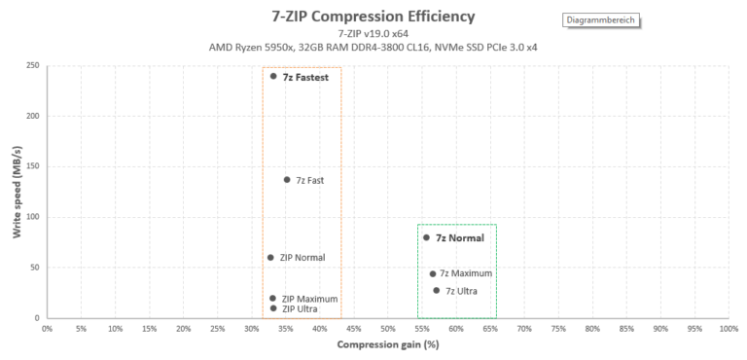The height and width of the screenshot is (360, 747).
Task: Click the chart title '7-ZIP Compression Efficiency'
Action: click(373, 16)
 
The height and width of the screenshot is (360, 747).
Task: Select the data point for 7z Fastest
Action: click(273, 76)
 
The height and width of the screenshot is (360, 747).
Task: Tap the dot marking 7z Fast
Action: click(287, 180)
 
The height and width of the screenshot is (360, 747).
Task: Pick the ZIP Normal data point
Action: click(270, 258)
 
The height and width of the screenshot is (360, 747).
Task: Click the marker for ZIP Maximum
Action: click(272, 299)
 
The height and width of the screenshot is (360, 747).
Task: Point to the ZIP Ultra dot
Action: click(273, 308)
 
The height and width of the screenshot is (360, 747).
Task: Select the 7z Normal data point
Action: click(426, 237)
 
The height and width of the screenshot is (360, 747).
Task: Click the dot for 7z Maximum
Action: click(433, 274)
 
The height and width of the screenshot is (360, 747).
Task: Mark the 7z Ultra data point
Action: click(437, 290)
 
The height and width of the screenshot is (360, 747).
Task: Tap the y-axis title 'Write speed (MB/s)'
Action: click(17, 192)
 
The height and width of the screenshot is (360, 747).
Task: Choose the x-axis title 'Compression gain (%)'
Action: click(387, 345)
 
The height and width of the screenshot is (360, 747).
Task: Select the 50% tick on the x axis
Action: click(387, 329)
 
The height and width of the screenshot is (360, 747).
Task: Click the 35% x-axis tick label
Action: click(285, 329)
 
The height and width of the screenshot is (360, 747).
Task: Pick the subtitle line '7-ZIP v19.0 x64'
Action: click(373, 33)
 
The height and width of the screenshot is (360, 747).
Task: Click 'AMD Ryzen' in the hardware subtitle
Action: click(236, 46)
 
